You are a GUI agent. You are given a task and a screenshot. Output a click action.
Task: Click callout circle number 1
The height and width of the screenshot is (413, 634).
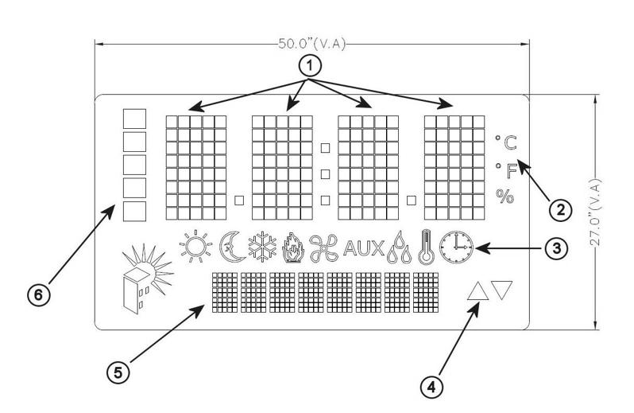(310, 66)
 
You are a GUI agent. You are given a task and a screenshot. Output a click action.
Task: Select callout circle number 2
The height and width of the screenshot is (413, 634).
(560, 210)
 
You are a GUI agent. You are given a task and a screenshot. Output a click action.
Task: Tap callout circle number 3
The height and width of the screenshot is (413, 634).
(556, 248)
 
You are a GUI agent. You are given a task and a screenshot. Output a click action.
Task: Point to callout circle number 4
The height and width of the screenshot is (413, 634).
(431, 387)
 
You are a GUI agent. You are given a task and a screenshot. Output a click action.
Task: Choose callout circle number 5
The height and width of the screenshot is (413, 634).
(118, 372)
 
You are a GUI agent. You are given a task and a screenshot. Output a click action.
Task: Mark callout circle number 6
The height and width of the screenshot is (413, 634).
(38, 294)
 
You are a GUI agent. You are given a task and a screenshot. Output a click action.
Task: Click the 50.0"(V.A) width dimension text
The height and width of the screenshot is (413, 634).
(311, 44)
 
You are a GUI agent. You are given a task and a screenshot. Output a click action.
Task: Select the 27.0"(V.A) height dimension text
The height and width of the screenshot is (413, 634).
(595, 212)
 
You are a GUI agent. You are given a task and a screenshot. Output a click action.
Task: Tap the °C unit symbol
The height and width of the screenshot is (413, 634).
(506, 142)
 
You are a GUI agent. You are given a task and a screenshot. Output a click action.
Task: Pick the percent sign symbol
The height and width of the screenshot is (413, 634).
(505, 197)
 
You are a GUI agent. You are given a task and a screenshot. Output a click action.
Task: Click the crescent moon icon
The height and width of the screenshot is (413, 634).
(232, 247)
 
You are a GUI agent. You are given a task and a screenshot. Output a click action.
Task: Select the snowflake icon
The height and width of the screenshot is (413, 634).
(262, 247)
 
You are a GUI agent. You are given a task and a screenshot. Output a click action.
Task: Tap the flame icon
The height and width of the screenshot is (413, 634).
(292, 247)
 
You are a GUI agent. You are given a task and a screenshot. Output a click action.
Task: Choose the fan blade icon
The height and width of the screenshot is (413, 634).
(324, 247)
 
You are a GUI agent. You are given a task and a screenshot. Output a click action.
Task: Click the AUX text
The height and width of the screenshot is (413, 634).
(364, 248)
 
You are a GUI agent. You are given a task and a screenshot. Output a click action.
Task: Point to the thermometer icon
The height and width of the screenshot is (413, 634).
(426, 247)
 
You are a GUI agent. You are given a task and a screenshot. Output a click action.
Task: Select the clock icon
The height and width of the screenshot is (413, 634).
(456, 247)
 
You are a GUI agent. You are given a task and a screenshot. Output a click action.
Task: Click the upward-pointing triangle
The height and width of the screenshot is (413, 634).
(477, 290)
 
